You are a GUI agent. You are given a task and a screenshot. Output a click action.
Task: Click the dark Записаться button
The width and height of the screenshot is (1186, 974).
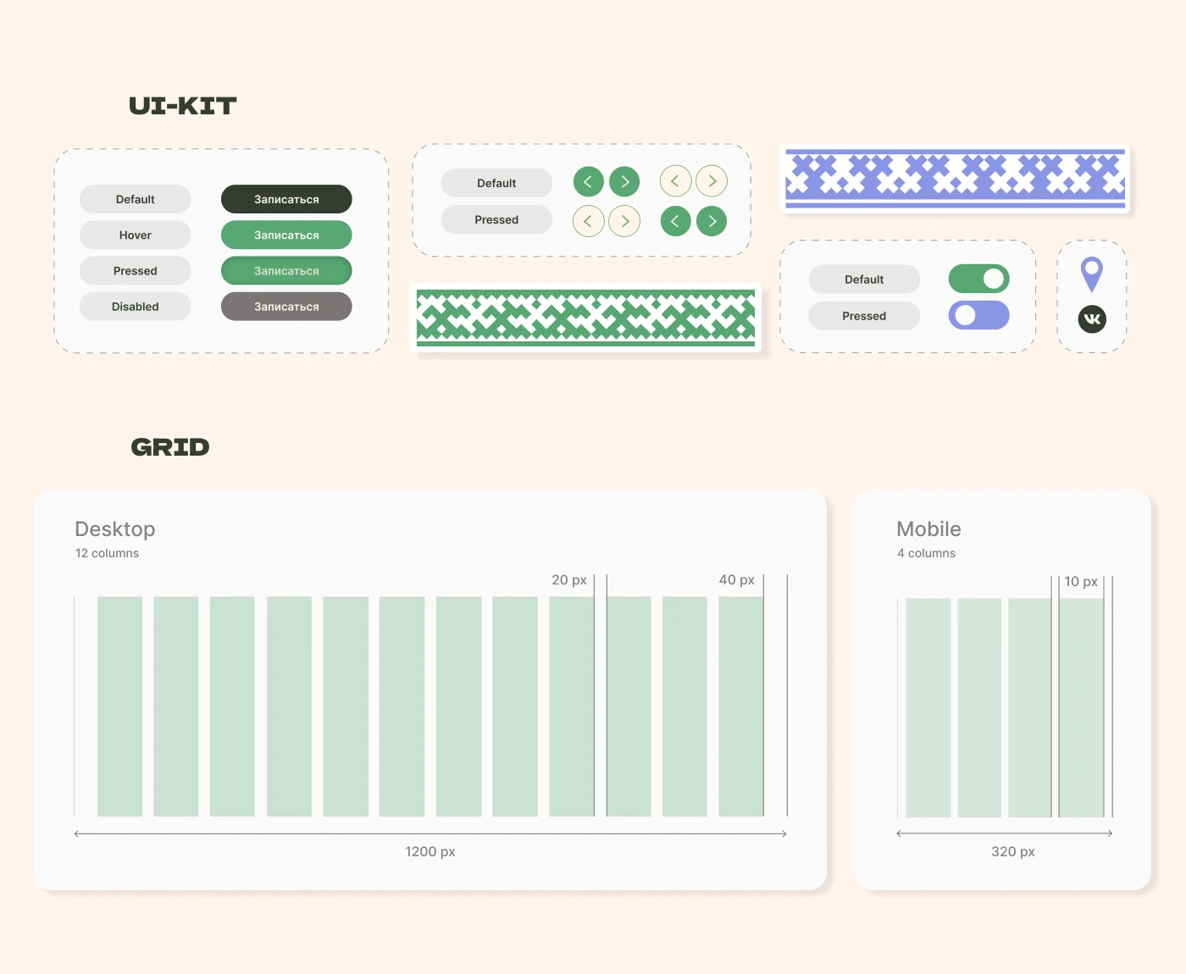286,199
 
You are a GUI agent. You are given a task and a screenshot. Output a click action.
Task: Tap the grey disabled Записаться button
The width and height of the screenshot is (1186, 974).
286,307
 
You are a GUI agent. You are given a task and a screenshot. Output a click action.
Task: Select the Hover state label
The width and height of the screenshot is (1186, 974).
135,235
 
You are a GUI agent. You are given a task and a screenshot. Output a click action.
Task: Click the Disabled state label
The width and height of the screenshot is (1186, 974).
135,307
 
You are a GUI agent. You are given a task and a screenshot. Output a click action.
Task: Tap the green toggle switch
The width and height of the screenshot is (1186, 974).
978,279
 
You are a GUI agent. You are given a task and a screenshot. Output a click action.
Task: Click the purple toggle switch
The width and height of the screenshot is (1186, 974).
978,315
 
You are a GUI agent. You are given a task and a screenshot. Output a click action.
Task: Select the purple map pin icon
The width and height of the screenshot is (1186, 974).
1091,274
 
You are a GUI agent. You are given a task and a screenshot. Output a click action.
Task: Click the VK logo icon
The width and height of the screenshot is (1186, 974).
1092,319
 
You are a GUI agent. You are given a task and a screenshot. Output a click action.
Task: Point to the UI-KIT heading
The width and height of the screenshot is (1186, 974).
183,106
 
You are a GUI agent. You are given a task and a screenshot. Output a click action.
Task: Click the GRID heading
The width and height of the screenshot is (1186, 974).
169,447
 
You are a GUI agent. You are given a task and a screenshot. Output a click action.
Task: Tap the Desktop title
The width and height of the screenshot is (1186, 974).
115,529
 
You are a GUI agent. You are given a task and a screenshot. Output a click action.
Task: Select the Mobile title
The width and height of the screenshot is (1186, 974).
928,529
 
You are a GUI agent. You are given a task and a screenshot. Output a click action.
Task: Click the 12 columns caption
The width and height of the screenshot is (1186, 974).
107,553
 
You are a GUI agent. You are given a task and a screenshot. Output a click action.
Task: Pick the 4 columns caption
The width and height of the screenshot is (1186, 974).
926,553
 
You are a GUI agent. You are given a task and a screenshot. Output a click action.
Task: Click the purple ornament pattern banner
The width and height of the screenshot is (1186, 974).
955,179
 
